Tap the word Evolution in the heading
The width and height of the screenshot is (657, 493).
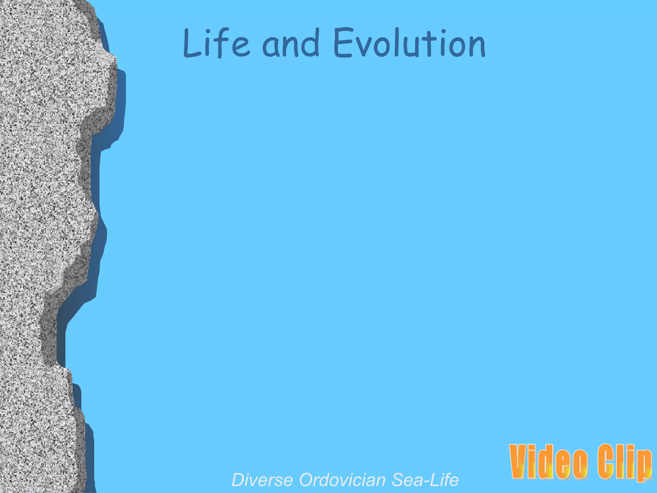tap(409, 43)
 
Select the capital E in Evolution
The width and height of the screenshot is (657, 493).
tap(342, 43)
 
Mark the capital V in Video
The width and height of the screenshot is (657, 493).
tap(520, 462)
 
